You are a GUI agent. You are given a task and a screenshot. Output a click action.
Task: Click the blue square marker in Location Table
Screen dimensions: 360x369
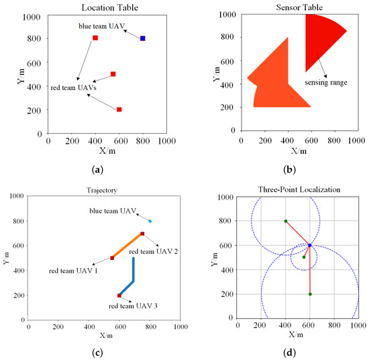point(142,38)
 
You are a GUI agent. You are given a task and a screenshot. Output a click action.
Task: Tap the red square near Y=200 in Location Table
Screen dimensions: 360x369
point(119,109)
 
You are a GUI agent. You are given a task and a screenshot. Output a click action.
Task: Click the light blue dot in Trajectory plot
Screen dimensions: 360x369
point(150,221)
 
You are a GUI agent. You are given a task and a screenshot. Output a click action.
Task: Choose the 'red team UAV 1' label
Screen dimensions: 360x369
point(73,270)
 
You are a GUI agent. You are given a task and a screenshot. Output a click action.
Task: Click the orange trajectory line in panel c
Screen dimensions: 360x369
point(127,246)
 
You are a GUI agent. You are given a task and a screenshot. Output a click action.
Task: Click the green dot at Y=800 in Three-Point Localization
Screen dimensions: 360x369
point(286,221)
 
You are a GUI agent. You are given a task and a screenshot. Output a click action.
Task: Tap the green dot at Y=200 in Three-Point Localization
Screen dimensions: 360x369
point(310,294)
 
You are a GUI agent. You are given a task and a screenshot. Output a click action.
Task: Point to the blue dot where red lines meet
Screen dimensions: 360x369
point(309,245)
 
